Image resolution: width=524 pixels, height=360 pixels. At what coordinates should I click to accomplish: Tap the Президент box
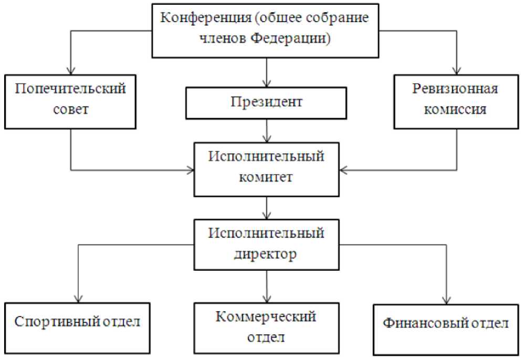pos(267,102)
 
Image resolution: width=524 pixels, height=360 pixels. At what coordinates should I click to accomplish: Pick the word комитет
pos(267,177)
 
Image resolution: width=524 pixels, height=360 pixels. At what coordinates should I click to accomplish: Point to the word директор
pos(267,254)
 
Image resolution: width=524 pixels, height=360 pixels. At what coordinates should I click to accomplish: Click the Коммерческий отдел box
pos(267,326)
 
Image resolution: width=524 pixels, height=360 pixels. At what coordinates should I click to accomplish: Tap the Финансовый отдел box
pos(447,323)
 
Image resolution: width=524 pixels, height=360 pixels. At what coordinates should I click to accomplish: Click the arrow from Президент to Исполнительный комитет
pos(267,130)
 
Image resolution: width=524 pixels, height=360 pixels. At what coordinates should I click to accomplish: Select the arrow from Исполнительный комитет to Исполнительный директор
pos(267,207)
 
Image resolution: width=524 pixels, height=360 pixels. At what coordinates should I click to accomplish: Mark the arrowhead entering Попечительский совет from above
pos(71,69)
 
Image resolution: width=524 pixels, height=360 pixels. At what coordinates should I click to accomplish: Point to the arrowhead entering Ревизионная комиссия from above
pos(456,69)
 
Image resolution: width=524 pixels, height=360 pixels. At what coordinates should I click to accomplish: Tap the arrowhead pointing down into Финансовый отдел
pos(447,298)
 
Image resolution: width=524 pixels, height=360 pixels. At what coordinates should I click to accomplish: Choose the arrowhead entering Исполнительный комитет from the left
pos(190,170)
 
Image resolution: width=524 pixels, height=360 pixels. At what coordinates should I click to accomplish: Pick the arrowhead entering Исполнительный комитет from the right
pos(344,170)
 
